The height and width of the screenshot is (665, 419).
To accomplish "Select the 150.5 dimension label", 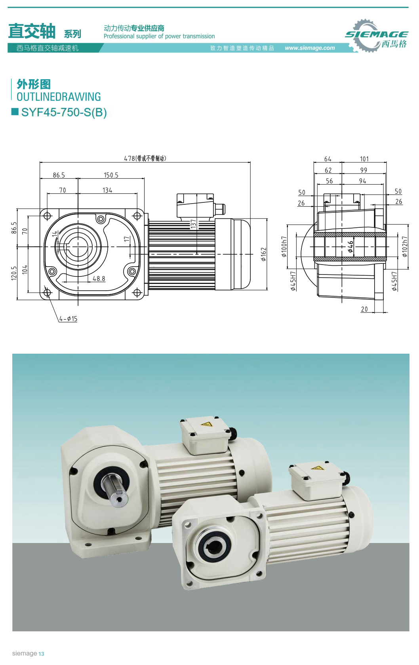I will coord(111,175).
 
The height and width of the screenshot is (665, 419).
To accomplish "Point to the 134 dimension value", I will coord(107,191).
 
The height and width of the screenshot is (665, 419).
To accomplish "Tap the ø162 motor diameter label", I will coord(264,254).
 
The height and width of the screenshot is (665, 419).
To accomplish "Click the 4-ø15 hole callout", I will coord(68,319).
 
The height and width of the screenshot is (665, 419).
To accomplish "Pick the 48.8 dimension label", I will coord(99,279).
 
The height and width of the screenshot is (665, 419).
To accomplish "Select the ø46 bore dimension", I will coord(350,247).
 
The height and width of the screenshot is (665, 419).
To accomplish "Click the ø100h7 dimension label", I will coord(284,247).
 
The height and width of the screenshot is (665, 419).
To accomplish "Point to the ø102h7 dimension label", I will coord(404,247).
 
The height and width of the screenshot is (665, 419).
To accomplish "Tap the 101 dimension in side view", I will coord(364,159).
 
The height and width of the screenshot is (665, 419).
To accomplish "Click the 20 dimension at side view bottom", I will coord(364,309).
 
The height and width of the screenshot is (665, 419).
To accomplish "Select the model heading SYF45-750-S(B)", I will coord(64,112).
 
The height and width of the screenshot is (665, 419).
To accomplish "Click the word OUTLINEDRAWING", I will coord(59,97).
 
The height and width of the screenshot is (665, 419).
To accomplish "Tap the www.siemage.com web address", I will coord(310,48).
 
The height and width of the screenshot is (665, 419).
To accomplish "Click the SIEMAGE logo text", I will coord(376,34).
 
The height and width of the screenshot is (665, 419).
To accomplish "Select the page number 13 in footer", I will coord(42,654).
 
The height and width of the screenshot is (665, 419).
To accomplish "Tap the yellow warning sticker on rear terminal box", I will coord(206,424).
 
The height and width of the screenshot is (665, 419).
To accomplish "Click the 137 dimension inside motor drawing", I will coord(193,224).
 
